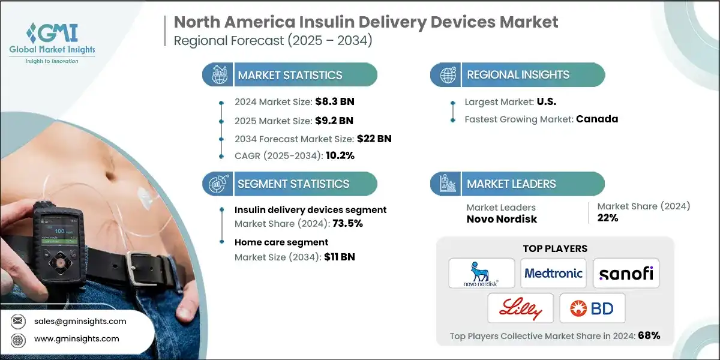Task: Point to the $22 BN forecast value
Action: (x=374, y=138)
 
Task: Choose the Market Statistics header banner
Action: (x=290, y=75)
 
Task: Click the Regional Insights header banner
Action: (x=517, y=75)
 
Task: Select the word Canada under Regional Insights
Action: (x=596, y=119)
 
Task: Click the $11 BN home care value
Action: (x=340, y=257)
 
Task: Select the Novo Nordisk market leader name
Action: (x=502, y=219)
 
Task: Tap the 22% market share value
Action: (x=607, y=218)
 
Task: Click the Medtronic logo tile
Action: (x=553, y=274)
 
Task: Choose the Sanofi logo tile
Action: (x=626, y=274)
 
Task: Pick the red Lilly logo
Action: (x=520, y=308)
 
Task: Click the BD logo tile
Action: (x=592, y=308)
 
